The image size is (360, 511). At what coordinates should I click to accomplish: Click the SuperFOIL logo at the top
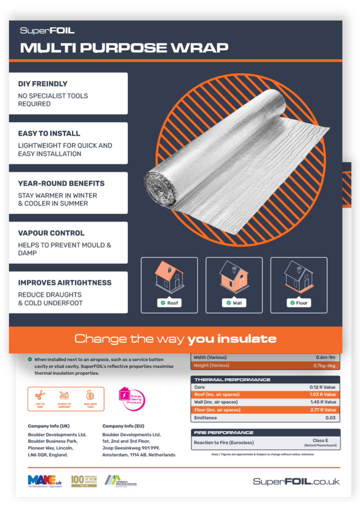click(x=47, y=30)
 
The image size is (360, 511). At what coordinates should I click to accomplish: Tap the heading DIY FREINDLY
click(x=42, y=84)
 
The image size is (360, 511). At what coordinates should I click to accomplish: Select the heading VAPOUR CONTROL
click(x=51, y=233)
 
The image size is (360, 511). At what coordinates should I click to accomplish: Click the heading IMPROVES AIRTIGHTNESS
click(x=64, y=282)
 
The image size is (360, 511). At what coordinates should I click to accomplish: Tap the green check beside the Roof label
click(x=162, y=303)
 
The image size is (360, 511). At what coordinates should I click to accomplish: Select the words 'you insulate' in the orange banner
click(x=232, y=339)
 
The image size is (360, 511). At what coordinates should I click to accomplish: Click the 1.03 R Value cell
click(x=322, y=394)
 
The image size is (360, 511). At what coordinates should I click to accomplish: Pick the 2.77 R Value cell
click(x=322, y=410)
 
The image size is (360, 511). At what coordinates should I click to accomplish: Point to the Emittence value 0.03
click(x=330, y=418)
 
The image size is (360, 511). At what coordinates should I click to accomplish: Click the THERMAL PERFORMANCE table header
click(x=232, y=380)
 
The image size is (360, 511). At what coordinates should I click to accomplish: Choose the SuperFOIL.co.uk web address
click(x=296, y=482)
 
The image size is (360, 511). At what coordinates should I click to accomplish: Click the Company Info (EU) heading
click(x=123, y=426)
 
